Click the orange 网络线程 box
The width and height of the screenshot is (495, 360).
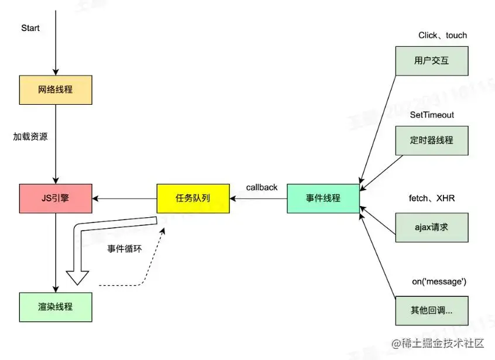56,90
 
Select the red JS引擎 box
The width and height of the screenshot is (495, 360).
56,198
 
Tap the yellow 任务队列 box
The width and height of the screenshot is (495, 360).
192,198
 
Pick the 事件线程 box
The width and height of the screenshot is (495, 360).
323,198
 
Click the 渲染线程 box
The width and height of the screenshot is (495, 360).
56,307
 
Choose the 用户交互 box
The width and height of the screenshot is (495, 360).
431,60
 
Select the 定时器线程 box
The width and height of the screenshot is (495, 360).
431,140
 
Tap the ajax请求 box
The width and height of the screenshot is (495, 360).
431,227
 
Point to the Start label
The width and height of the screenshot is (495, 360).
30,28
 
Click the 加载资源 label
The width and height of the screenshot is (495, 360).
30,136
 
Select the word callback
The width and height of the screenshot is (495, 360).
262,187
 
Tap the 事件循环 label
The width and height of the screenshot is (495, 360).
124,249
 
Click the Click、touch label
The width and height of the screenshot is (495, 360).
442,35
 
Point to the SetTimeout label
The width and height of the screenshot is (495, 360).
432,115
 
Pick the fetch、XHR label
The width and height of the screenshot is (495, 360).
431,198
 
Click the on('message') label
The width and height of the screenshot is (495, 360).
439,282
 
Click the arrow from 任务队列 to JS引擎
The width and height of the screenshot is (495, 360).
125,198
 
